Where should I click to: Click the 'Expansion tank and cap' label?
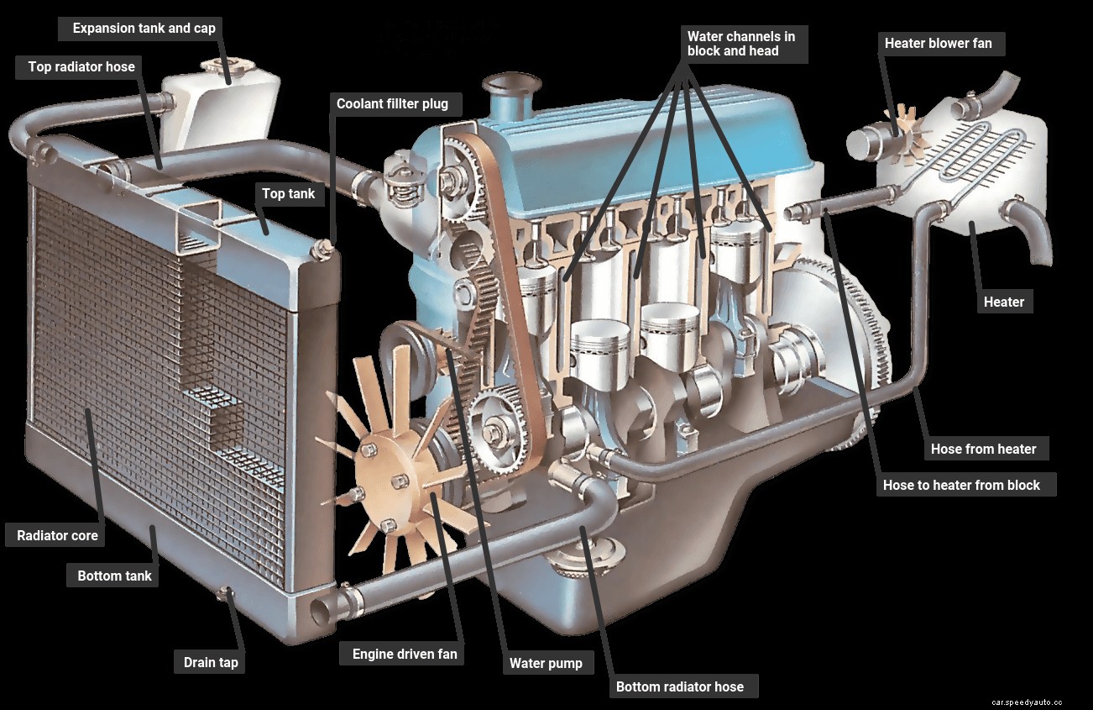point(144,29)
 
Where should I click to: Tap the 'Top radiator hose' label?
point(81,67)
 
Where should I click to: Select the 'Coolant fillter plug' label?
point(392,104)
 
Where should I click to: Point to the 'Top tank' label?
point(288,194)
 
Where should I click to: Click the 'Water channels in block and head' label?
point(741,44)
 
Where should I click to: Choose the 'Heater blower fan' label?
point(938,44)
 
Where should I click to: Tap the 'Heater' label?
point(1004,302)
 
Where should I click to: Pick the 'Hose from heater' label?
point(983,449)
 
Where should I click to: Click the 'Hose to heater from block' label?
point(961,485)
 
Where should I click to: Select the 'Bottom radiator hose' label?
point(679,686)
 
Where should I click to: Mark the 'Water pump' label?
point(546,663)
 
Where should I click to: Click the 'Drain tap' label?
point(211,662)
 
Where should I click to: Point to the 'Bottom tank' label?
point(114,576)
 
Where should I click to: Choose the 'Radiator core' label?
point(57,535)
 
